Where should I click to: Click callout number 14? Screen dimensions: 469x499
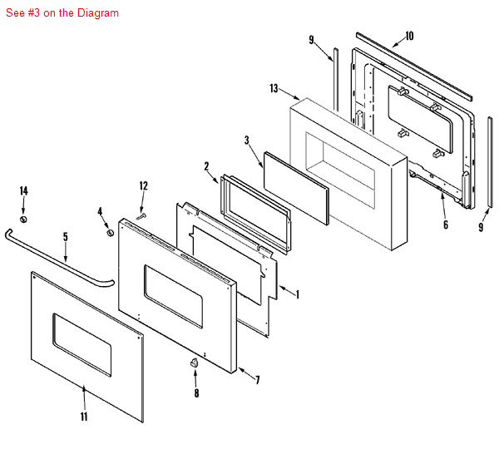tap(24, 192)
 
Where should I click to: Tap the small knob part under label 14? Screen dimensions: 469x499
tap(24, 218)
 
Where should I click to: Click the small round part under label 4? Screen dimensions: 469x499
tap(109, 233)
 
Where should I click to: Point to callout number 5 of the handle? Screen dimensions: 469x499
tap(66, 236)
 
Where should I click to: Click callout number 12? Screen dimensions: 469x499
tap(143, 185)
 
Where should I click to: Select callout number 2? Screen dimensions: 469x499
tap(206, 165)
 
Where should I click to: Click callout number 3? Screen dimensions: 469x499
tap(246, 140)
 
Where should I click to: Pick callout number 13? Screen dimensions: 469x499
tap(274, 89)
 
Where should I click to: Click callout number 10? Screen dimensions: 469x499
tap(409, 37)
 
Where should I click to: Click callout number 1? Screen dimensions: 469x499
tap(297, 294)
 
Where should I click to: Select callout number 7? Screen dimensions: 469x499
tap(257, 380)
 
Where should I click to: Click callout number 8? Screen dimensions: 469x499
tap(196, 393)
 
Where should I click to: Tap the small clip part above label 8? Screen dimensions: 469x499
tap(194, 363)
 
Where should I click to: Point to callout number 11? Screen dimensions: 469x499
tap(84, 417)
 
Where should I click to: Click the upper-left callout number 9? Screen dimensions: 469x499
tap(313, 39)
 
